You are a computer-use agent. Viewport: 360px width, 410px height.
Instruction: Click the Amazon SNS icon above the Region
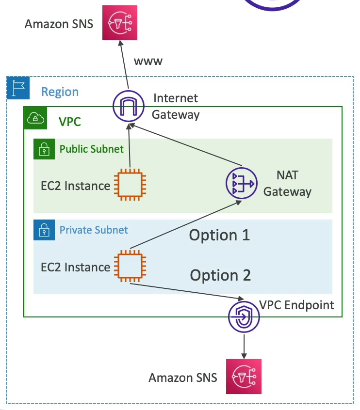120,23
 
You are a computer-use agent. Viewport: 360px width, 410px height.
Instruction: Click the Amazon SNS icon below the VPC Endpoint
244,376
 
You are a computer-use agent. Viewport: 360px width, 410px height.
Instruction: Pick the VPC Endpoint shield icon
244,316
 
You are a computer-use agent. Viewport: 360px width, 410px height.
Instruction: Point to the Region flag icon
18,88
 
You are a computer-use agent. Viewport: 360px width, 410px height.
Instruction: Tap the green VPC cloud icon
35,118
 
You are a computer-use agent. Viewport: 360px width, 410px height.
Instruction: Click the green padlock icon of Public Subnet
45,149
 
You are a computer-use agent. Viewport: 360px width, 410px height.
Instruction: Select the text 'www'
148,62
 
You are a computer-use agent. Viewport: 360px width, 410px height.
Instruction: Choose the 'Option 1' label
219,236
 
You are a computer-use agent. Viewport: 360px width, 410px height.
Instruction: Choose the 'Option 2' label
220,275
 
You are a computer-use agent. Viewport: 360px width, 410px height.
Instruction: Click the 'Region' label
60,92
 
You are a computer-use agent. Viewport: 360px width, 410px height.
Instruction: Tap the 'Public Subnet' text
92,149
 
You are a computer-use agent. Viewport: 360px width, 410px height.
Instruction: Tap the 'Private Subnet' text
94,229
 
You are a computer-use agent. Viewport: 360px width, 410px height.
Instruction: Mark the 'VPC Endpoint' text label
296,305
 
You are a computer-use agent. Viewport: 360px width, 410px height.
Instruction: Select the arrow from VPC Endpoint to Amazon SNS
244,344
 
